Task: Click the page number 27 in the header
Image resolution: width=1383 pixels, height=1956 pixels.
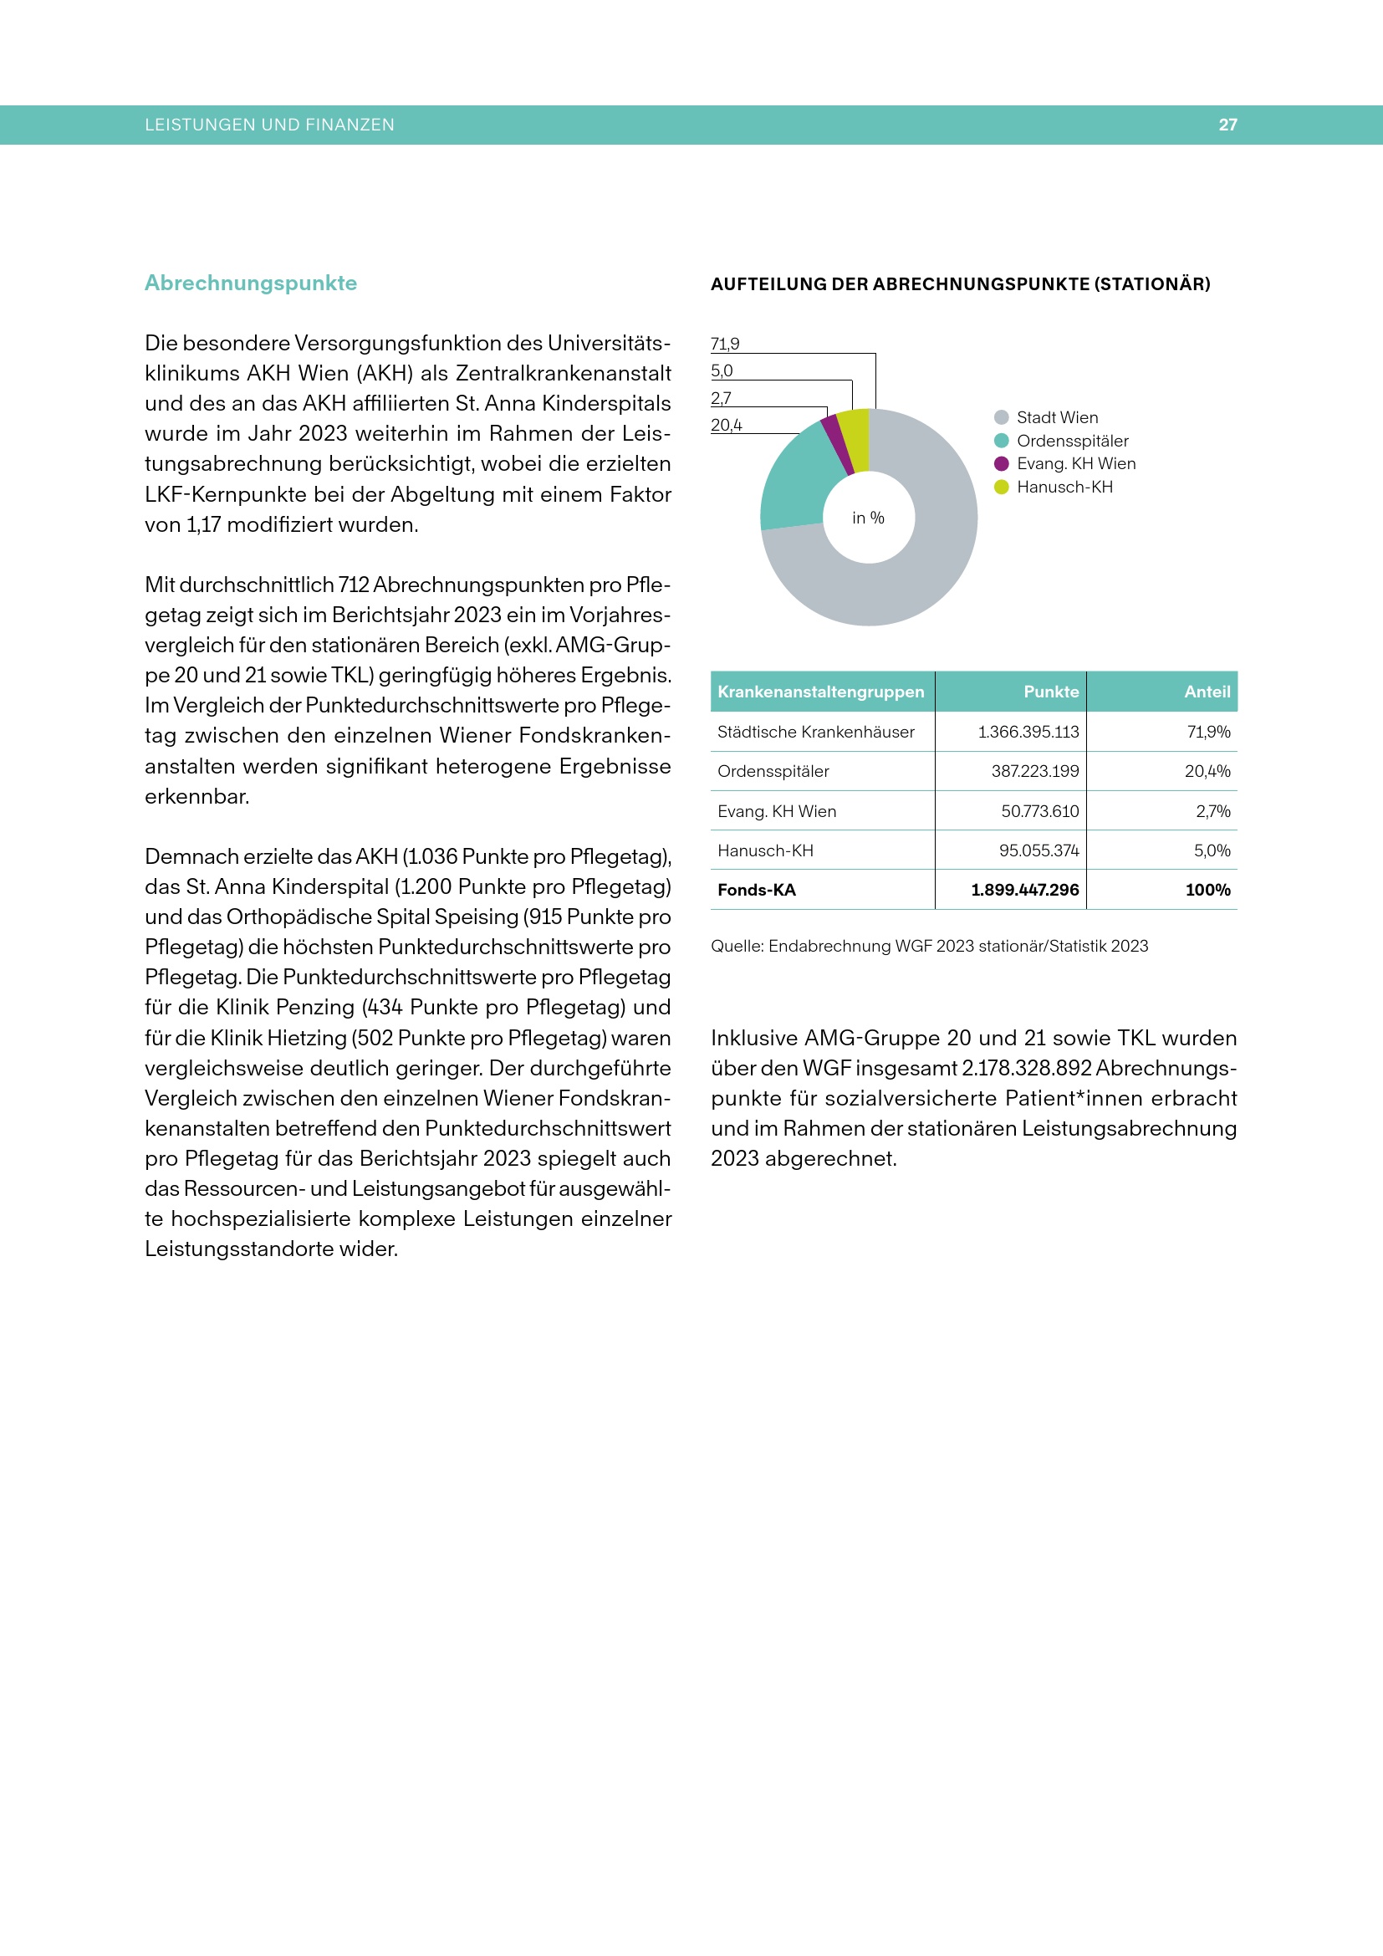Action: [1227, 125]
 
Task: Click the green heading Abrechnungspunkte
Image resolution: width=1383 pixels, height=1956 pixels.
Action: [250, 283]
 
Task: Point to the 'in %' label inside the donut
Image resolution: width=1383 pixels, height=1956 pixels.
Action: [868, 518]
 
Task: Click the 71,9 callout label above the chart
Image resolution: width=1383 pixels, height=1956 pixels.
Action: [725, 345]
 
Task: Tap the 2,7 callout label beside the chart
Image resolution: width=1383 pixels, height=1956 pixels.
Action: [721, 398]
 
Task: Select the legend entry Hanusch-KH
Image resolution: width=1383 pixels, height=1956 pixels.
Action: [1064, 488]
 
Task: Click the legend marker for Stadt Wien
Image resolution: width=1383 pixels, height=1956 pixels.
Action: [1002, 417]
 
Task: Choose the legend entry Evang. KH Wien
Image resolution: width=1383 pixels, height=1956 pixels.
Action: [1075, 464]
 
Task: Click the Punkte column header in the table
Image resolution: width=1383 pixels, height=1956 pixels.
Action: [1051, 692]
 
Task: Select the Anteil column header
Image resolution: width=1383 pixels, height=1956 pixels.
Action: [1207, 692]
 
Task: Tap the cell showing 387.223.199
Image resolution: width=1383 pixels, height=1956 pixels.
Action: [1034, 772]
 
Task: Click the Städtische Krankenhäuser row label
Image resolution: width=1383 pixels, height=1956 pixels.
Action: [815, 732]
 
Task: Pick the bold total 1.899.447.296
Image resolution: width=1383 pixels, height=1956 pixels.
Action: [1024, 891]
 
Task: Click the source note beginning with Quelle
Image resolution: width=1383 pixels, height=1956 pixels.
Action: [929, 947]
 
